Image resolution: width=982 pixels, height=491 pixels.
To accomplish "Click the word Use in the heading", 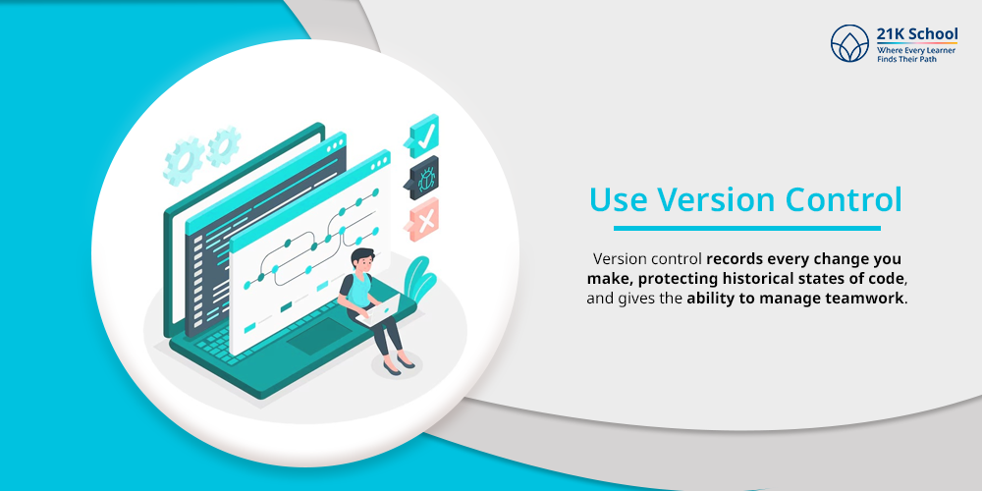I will click(x=619, y=199).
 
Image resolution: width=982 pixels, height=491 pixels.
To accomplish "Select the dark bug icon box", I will click(x=425, y=178).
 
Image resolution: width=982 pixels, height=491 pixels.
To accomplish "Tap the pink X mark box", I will click(x=425, y=221).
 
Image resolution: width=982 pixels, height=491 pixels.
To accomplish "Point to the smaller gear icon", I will click(x=224, y=145).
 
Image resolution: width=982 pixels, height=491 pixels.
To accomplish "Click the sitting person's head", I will click(x=362, y=261).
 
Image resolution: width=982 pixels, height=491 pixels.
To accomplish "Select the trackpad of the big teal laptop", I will click(x=318, y=339).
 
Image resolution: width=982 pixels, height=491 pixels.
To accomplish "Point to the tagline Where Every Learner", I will click(x=915, y=50).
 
